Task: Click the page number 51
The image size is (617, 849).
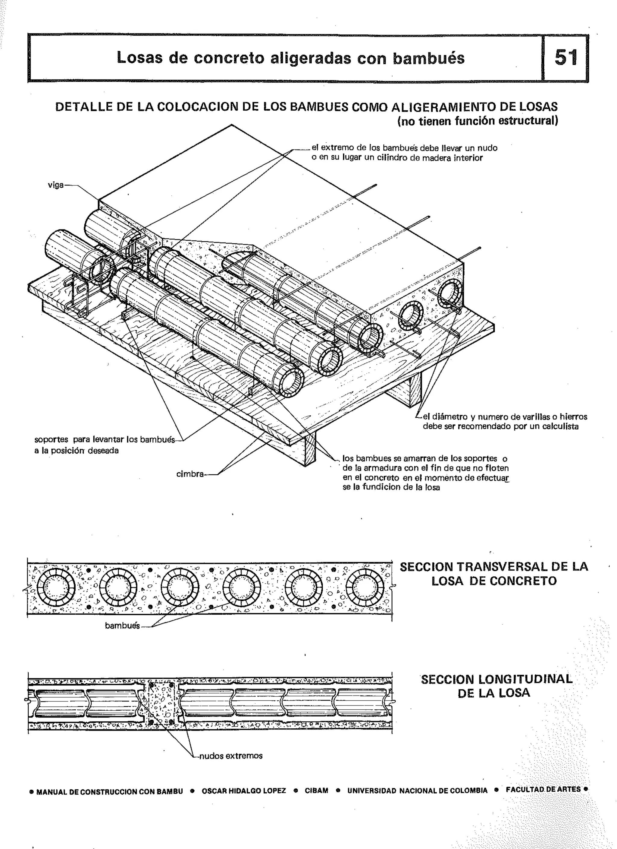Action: [x=566, y=58]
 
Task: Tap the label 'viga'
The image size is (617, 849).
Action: [x=56, y=185]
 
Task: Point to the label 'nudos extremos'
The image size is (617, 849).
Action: [x=231, y=756]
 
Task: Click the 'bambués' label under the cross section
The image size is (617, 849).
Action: [x=122, y=626]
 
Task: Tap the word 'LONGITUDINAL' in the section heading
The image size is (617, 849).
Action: [x=525, y=680]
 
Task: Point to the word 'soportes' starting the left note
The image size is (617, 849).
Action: [x=51, y=439]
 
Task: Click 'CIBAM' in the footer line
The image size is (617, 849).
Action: [x=316, y=790]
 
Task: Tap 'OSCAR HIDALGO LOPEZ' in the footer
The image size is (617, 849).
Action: [x=244, y=790]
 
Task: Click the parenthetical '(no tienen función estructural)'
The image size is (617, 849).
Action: [x=478, y=121]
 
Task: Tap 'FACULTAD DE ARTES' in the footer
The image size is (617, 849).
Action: [x=543, y=790]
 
